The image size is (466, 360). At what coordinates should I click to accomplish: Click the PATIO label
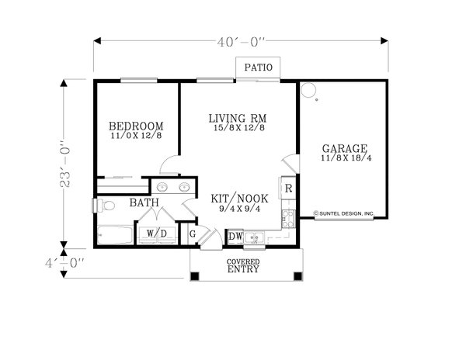point(259,67)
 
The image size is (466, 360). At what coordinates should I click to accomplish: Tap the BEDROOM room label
point(136,126)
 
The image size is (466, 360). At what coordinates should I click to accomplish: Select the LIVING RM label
point(238,119)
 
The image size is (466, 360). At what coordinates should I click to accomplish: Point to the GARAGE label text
point(345,148)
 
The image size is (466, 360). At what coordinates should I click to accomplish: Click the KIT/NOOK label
point(239,199)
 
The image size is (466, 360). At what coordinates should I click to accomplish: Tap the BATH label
point(144,202)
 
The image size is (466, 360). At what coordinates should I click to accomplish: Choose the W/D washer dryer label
point(157,234)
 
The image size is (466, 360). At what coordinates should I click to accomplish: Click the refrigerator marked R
point(288,188)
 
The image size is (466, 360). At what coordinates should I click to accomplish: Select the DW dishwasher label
point(235,237)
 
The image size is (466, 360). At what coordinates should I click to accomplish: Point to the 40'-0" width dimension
point(241,43)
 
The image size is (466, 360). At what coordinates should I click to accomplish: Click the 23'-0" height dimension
point(65,164)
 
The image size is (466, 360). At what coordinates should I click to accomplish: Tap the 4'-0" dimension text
point(64,263)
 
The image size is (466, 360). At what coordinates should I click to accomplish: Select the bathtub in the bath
point(115,235)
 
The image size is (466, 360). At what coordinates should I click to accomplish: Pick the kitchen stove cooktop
point(288,219)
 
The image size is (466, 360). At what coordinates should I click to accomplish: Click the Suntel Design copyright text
point(344,213)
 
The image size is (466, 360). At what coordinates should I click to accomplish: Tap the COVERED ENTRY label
point(243,266)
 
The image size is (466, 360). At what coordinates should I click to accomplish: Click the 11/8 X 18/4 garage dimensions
point(346,158)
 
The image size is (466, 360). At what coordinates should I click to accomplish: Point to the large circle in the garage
point(308,89)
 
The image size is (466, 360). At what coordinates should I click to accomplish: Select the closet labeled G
point(193,234)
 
